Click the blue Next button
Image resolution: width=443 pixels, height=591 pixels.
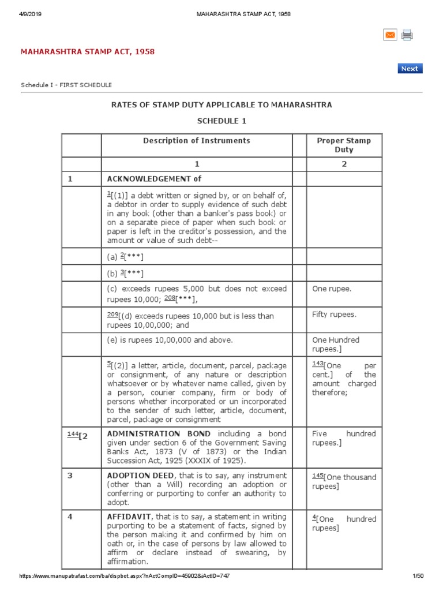pos(410,69)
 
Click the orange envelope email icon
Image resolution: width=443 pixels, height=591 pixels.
pos(390,35)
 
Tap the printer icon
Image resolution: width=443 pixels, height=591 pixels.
pos(407,35)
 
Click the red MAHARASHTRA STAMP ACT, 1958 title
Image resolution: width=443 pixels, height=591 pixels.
pos(88,52)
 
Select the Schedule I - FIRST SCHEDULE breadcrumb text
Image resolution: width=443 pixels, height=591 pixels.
pos(66,85)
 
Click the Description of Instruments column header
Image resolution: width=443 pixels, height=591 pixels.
pos(197,140)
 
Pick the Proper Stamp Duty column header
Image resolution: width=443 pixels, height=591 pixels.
pos(344,145)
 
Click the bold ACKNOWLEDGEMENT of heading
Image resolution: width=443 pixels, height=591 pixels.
pos(154,179)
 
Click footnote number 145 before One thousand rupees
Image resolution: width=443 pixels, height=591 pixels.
pos(318,476)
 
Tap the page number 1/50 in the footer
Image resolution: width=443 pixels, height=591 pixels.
pos(418,576)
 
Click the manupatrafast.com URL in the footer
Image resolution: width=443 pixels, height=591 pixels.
pos(127,576)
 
